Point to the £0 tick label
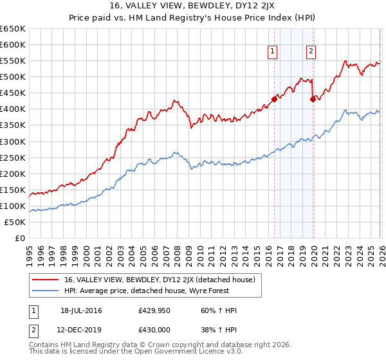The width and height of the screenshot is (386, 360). tap(18, 239)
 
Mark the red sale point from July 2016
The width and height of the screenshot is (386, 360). tap(274, 99)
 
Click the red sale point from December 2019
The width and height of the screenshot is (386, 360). tap(313, 99)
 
